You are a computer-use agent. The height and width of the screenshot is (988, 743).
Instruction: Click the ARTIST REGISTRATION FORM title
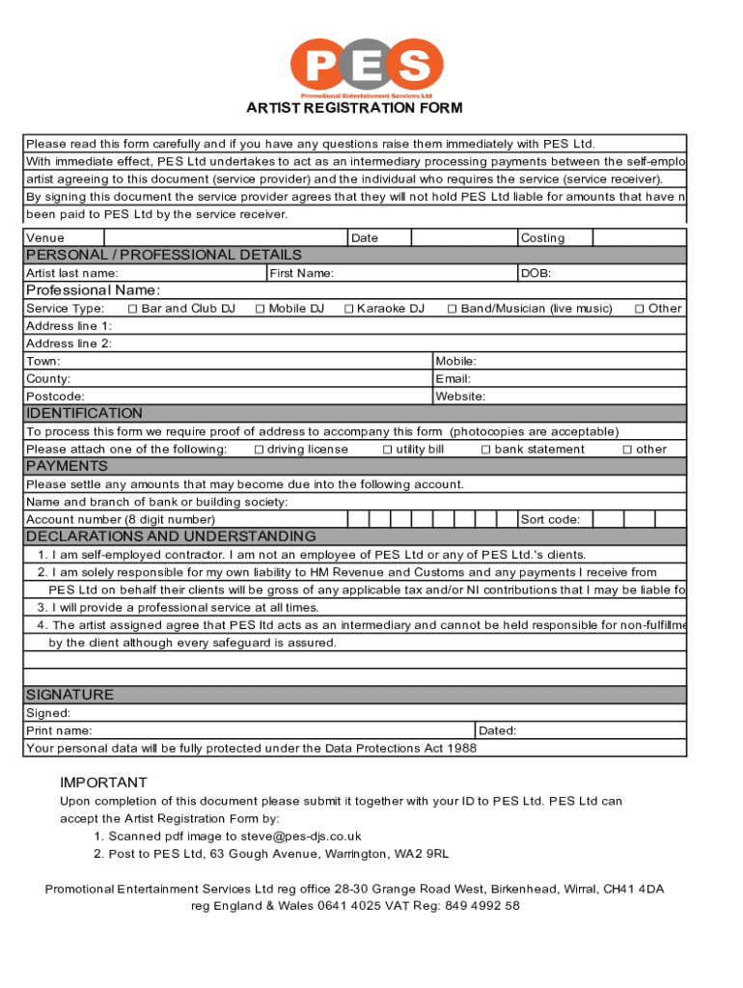[354, 108]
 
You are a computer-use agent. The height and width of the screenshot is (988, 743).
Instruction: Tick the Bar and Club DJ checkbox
[132, 309]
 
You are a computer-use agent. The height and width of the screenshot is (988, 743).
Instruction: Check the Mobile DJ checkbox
[260, 309]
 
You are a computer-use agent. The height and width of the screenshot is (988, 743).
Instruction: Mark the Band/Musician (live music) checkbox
[452, 309]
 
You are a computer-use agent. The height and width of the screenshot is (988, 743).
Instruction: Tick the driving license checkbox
[259, 450]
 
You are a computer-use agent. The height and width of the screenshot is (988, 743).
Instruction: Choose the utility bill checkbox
[387, 450]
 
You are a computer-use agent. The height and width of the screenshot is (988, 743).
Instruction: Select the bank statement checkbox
[486, 450]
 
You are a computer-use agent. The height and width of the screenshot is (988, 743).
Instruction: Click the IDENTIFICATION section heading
[84, 413]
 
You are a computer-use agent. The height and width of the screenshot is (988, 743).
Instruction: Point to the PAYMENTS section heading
[67, 466]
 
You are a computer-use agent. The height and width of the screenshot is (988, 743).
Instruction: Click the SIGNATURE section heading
[69, 695]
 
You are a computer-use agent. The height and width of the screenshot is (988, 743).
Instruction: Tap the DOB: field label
[536, 274]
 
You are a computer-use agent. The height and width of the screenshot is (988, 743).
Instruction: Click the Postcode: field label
[55, 397]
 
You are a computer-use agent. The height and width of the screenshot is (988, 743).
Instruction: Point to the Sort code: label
[550, 520]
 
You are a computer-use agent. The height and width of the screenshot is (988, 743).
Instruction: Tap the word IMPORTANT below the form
[103, 782]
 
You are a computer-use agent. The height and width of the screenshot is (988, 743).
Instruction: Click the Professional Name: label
[93, 290]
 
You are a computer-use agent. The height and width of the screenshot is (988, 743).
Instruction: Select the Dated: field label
[498, 731]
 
